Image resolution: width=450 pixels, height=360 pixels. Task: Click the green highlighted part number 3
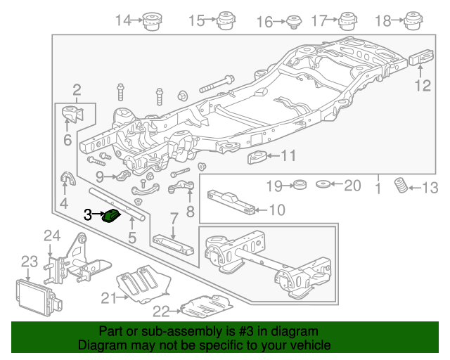(111, 215)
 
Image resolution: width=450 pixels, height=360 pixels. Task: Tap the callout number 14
(123, 21)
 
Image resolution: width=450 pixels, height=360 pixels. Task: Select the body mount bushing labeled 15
(226, 21)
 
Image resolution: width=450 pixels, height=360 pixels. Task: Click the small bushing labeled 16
(292, 22)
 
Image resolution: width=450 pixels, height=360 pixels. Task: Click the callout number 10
(277, 209)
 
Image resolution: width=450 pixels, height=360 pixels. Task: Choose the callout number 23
(28, 262)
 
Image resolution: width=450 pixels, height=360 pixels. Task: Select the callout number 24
(53, 236)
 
